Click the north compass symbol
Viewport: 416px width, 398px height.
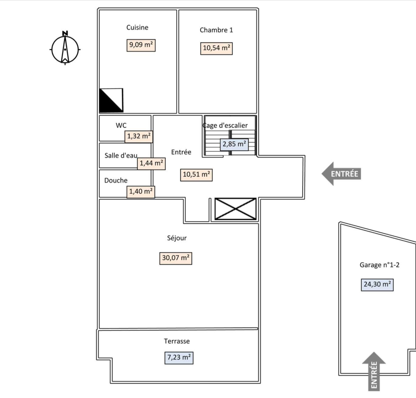click(65, 49)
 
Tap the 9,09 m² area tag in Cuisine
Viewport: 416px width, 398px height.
click(141, 45)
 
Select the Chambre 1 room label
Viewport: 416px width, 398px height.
click(216, 30)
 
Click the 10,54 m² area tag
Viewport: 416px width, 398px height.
click(216, 48)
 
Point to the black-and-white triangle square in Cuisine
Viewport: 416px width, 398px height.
click(111, 100)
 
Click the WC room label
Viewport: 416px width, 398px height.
click(121, 125)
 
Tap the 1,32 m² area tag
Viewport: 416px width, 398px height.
click(139, 136)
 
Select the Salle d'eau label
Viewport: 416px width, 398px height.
click(121, 155)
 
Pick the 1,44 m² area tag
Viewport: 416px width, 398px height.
click(151, 163)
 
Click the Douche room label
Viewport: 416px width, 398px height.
click(116, 180)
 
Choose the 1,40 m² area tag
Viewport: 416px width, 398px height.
click(141, 192)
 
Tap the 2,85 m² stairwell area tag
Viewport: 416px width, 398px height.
click(234, 144)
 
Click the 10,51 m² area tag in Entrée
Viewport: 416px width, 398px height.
click(196, 174)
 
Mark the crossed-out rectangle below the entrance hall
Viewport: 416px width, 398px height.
click(236, 209)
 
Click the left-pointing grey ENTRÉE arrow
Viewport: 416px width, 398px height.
click(341, 174)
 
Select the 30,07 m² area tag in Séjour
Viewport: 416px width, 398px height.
click(176, 258)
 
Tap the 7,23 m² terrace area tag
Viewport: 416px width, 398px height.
click(179, 358)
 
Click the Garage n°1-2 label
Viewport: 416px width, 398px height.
click(379, 265)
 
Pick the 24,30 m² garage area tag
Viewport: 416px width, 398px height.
click(377, 284)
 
